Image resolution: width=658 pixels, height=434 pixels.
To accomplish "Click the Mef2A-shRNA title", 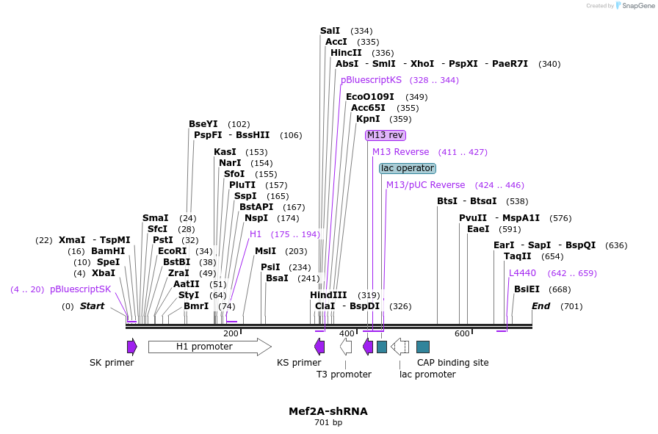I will [x=328, y=411].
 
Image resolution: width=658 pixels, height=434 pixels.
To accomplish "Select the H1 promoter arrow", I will [x=209, y=347].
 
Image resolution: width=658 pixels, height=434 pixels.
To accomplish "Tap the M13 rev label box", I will [x=386, y=135].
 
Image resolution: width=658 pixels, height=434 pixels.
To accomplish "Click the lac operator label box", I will [x=407, y=168].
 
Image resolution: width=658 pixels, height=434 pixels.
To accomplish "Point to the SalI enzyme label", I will [x=330, y=31].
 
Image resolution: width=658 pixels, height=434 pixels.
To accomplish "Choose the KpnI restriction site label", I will [x=368, y=119].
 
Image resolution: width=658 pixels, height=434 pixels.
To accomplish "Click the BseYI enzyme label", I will [x=203, y=124].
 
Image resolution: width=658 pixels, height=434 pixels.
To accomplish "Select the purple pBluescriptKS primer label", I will [x=371, y=80].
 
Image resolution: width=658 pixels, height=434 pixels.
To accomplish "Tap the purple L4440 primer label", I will [x=522, y=273].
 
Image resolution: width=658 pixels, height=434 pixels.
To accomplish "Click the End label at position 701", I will [x=540, y=306].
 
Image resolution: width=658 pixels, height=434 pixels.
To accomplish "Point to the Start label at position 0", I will [x=92, y=306].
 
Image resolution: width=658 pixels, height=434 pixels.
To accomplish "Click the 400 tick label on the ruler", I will [x=347, y=334].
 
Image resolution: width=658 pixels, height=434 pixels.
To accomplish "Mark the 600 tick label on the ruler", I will [x=462, y=334].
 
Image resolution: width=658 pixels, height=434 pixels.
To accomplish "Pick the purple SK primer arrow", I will [x=132, y=347].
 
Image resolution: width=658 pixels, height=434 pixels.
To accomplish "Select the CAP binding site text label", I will [x=452, y=363].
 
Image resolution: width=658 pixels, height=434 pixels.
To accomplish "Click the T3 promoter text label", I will [x=344, y=375].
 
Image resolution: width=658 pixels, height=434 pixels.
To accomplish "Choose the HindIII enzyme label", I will [x=328, y=295].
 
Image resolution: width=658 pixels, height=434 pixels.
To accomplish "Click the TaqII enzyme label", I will [x=518, y=256].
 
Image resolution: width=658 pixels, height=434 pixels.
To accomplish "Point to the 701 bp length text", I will [x=328, y=422].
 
